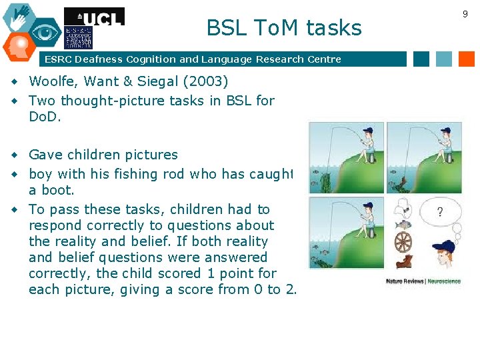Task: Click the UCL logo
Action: click(94, 17)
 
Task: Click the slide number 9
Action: click(465, 13)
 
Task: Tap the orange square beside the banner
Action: click(467, 59)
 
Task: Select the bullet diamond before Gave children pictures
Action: click(14, 155)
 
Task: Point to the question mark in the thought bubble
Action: click(440, 213)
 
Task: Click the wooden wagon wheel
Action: click(403, 240)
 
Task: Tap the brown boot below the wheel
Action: click(403, 262)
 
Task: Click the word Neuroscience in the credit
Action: click(444, 281)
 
